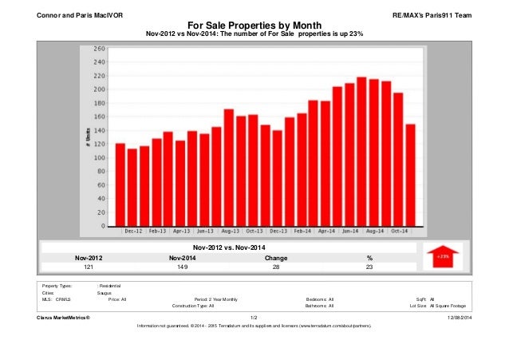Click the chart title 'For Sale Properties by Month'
click(254, 25)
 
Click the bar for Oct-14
click(398, 160)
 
